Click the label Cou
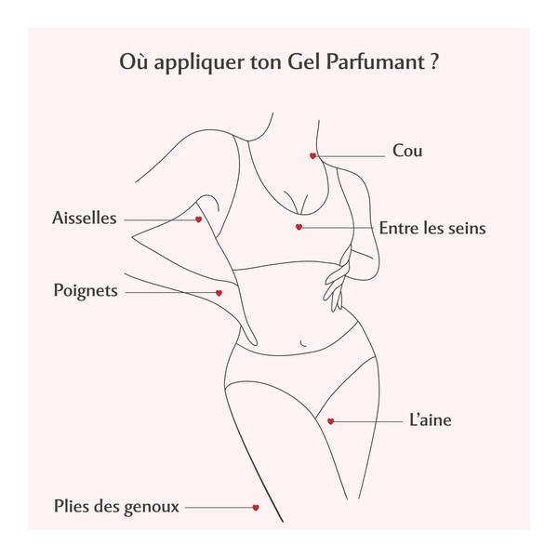click(407, 151)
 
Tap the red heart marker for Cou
click(312, 156)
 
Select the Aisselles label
click(85, 218)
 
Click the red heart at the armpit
click(199, 219)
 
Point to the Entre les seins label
click(432, 228)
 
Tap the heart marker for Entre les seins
click(299, 227)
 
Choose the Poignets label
click(86, 291)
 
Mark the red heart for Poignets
click(219, 293)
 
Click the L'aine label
click(431, 420)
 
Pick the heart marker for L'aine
click(330, 421)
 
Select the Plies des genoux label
click(116, 507)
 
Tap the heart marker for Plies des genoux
click(256, 508)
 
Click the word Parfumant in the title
click(376, 61)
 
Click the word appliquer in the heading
click(199, 63)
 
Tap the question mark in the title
click(434, 62)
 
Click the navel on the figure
click(303, 343)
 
